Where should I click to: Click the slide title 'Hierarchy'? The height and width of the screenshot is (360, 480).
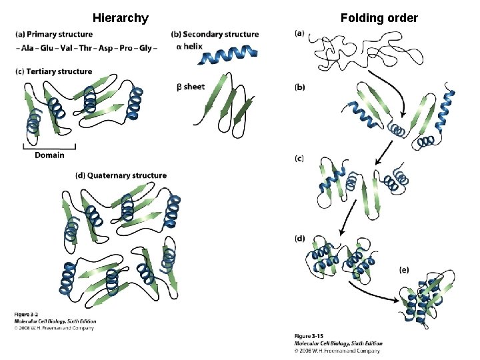click(x=121, y=18)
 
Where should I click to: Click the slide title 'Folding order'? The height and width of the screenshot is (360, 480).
click(x=379, y=18)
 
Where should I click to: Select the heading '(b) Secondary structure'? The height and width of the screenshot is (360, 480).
click(x=215, y=34)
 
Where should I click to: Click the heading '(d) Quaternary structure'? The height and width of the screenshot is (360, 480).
click(x=121, y=176)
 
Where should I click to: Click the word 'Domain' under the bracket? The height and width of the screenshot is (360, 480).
click(x=49, y=155)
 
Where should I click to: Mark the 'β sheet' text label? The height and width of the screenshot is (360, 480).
click(x=191, y=87)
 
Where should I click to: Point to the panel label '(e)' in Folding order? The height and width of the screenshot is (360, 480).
click(x=404, y=269)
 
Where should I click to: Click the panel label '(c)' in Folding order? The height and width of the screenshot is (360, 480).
click(x=299, y=158)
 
